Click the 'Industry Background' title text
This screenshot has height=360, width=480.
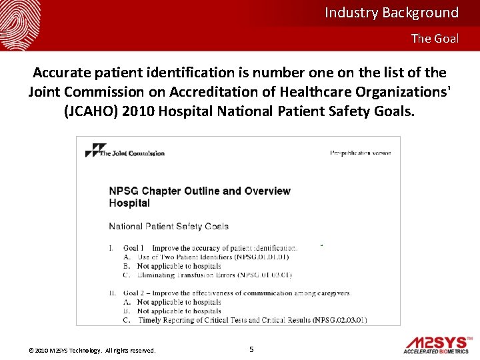click(391, 13)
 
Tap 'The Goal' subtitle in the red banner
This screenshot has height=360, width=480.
click(435, 39)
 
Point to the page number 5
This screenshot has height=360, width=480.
click(251, 349)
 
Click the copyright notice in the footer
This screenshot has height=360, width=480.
click(92, 351)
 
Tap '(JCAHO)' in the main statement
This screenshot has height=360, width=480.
click(91, 111)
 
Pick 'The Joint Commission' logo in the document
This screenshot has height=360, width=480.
click(125, 152)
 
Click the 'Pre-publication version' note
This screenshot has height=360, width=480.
click(360, 153)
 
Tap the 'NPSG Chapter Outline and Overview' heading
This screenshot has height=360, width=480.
click(199, 191)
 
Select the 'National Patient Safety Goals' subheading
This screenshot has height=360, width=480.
click(169, 227)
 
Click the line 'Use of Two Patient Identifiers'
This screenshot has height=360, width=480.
click(213, 257)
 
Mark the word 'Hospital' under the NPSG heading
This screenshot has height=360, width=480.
click(129, 203)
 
